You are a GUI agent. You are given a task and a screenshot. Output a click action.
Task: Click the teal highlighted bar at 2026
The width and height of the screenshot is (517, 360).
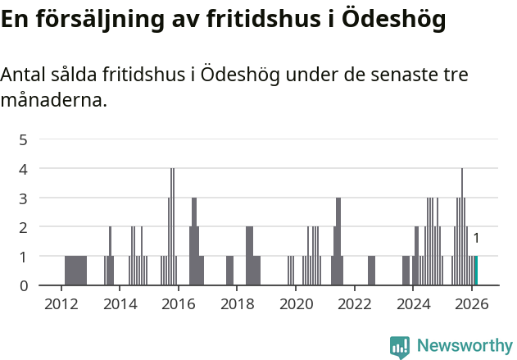tap(476, 271)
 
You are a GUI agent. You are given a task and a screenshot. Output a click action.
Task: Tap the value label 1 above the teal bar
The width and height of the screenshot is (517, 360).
tap(476, 239)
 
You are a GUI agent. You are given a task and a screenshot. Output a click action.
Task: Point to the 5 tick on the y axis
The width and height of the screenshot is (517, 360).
tap(24, 139)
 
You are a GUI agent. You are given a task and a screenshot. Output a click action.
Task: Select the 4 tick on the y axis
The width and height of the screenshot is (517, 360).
tap(24, 169)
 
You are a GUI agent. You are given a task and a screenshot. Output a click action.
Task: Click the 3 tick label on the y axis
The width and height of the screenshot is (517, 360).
tap(24, 198)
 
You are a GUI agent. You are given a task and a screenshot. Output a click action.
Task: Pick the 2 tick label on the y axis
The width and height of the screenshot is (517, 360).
tap(24, 227)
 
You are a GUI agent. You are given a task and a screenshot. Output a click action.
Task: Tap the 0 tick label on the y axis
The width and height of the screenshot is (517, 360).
tap(24, 285)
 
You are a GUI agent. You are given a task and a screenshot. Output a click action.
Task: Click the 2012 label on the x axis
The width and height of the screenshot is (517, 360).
tap(61, 303)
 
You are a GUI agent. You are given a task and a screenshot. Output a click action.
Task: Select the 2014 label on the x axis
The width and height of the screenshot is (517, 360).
tap(120, 303)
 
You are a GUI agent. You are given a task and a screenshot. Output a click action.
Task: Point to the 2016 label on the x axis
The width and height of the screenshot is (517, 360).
tap(179, 303)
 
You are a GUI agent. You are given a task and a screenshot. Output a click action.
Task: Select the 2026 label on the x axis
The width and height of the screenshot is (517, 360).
tap(472, 303)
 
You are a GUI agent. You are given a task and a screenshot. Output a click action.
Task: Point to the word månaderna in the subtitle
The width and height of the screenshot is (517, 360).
tap(53, 102)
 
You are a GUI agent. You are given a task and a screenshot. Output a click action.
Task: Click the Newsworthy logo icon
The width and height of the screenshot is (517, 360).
tap(400, 346)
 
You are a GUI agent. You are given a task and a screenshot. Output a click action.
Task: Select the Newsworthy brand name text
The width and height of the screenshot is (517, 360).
tap(465, 346)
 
